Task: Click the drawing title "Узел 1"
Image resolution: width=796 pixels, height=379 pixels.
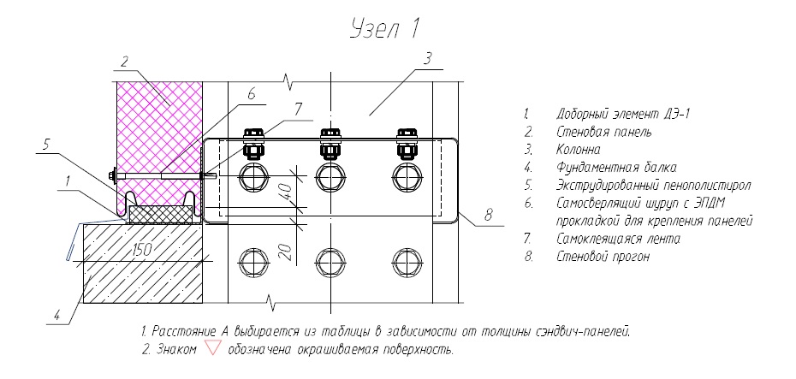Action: click(x=385, y=30)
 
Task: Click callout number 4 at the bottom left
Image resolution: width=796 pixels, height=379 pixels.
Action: click(x=58, y=314)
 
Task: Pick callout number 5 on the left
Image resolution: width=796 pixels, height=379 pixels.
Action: click(x=45, y=144)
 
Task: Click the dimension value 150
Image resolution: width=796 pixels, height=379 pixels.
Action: click(x=141, y=250)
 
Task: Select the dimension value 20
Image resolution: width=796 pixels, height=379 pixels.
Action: click(x=286, y=249)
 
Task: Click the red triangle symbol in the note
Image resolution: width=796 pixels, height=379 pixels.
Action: click(x=213, y=349)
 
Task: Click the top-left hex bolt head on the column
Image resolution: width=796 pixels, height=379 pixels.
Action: click(x=252, y=177)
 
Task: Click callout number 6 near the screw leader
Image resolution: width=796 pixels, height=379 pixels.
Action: click(x=251, y=94)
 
